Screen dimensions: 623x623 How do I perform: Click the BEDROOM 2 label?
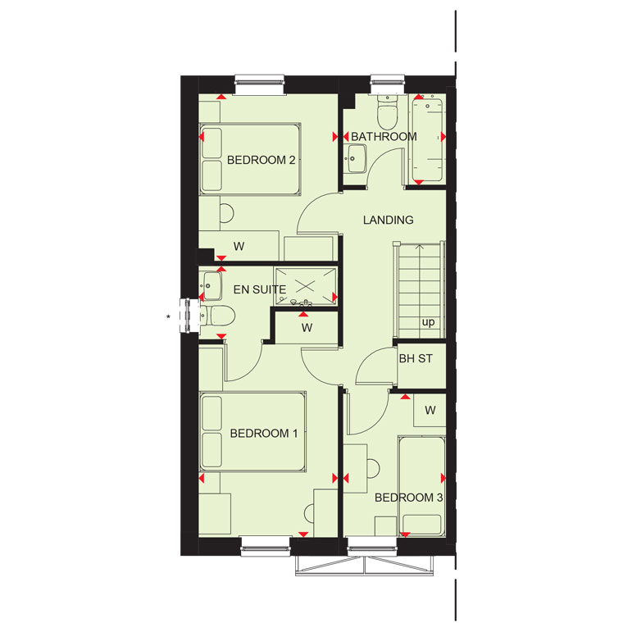(261, 160)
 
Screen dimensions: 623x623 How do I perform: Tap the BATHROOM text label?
(384, 137)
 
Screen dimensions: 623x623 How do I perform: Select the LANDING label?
(389, 220)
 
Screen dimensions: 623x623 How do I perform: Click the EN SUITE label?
(260, 289)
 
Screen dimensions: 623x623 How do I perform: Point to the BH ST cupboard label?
(416, 359)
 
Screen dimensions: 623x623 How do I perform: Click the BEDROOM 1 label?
(264, 433)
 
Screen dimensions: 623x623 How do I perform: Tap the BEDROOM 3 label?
(408, 498)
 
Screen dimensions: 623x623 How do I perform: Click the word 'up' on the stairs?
(428, 322)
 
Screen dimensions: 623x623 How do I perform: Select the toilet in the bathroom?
(387, 111)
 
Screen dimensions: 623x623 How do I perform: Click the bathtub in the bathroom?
(428, 140)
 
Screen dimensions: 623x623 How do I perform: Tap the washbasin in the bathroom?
(356, 158)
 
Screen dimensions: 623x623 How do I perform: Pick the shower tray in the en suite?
(306, 286)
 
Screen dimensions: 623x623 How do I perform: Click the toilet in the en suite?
(217, 316)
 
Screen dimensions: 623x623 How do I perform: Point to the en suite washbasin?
(211, 286)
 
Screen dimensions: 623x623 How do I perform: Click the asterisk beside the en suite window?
(169, 316)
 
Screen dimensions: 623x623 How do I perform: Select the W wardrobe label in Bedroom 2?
(239, 247)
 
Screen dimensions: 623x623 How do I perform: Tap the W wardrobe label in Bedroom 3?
(430, 410)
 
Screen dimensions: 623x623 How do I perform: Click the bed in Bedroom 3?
(422, 486)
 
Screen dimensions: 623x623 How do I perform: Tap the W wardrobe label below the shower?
(307, 328)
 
